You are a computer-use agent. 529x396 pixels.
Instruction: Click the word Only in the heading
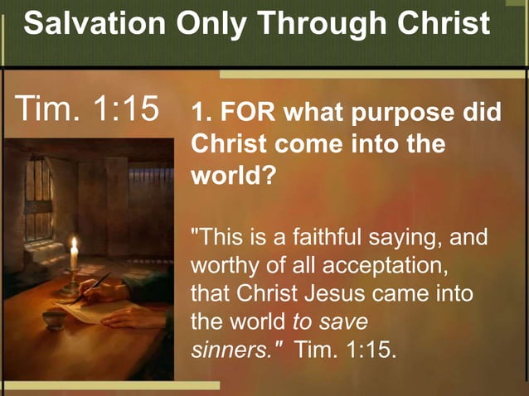pyautogui.click(x=207, y=25)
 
